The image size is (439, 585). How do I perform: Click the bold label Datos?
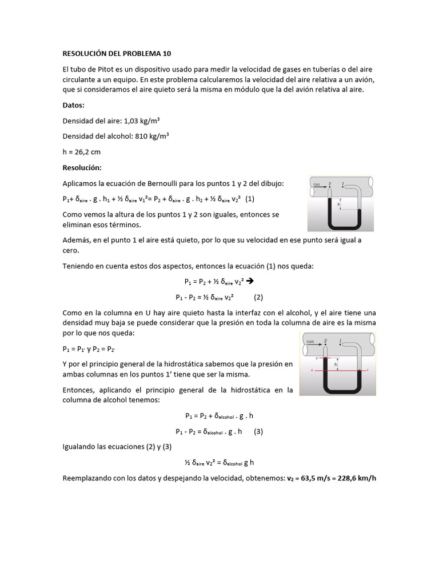pyautogui.click(x=73, y=105)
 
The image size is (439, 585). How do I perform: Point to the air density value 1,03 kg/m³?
pyautogui.click(x=140, y=121)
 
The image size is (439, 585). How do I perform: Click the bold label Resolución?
pyautogui.click(x=82, y=167)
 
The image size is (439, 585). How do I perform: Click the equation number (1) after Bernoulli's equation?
pyautogui.click(x=250, y=199)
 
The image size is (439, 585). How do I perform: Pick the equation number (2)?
pyautogui.click(x=258, y=297)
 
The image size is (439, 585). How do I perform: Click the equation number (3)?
pyautogui.click(x=258, y=432)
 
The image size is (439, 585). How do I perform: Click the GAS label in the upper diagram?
pyautogui.click(x=316, y=185)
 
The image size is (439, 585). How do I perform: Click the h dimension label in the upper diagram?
pyautogui.click(x=338, y=204)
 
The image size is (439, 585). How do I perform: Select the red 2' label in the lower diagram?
pyautogui.click(x=317, y=358)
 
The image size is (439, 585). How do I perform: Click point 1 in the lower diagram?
pyautogui.click(x=341, y=341)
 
